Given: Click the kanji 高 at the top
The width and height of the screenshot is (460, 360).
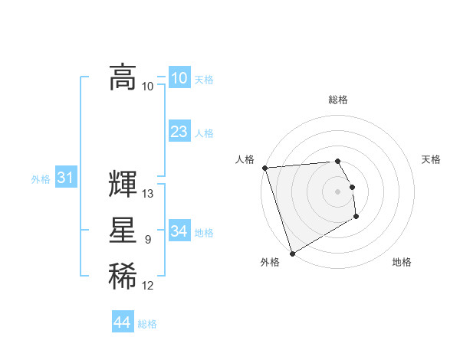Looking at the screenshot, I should pos(123,77).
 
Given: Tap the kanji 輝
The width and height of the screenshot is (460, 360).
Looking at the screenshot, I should pos(123,185).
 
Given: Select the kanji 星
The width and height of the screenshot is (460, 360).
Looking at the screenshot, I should pos(123,232).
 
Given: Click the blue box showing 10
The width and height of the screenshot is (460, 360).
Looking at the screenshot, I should pos(179,78).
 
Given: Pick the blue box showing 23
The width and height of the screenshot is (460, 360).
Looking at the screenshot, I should pos(179,132).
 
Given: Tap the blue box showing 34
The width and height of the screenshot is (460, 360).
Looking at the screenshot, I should pos(179,231).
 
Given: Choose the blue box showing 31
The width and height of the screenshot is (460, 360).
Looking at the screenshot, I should pos(65,178).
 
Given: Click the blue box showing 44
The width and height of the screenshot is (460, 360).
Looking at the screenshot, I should pos(123,322).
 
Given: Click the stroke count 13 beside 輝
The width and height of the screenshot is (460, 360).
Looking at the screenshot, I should pos(148,194).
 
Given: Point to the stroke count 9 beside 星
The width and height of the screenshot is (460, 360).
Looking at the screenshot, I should pos(148,241).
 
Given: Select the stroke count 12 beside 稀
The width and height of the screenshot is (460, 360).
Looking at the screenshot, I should pos(148,286).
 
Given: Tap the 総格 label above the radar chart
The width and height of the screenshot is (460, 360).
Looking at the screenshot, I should pos(338,100).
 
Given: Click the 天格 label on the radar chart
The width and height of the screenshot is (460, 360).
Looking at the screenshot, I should pos(432,159).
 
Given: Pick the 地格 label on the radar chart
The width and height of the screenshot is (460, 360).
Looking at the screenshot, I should pos(402,263).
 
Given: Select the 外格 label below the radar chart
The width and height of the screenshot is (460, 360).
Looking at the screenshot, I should pos(270,263).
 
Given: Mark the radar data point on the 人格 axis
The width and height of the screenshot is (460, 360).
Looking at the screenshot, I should pos(264,168).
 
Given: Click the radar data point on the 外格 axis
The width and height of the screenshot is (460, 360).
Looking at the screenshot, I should pos(292,253).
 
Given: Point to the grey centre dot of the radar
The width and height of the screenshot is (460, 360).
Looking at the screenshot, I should pos(338,191).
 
